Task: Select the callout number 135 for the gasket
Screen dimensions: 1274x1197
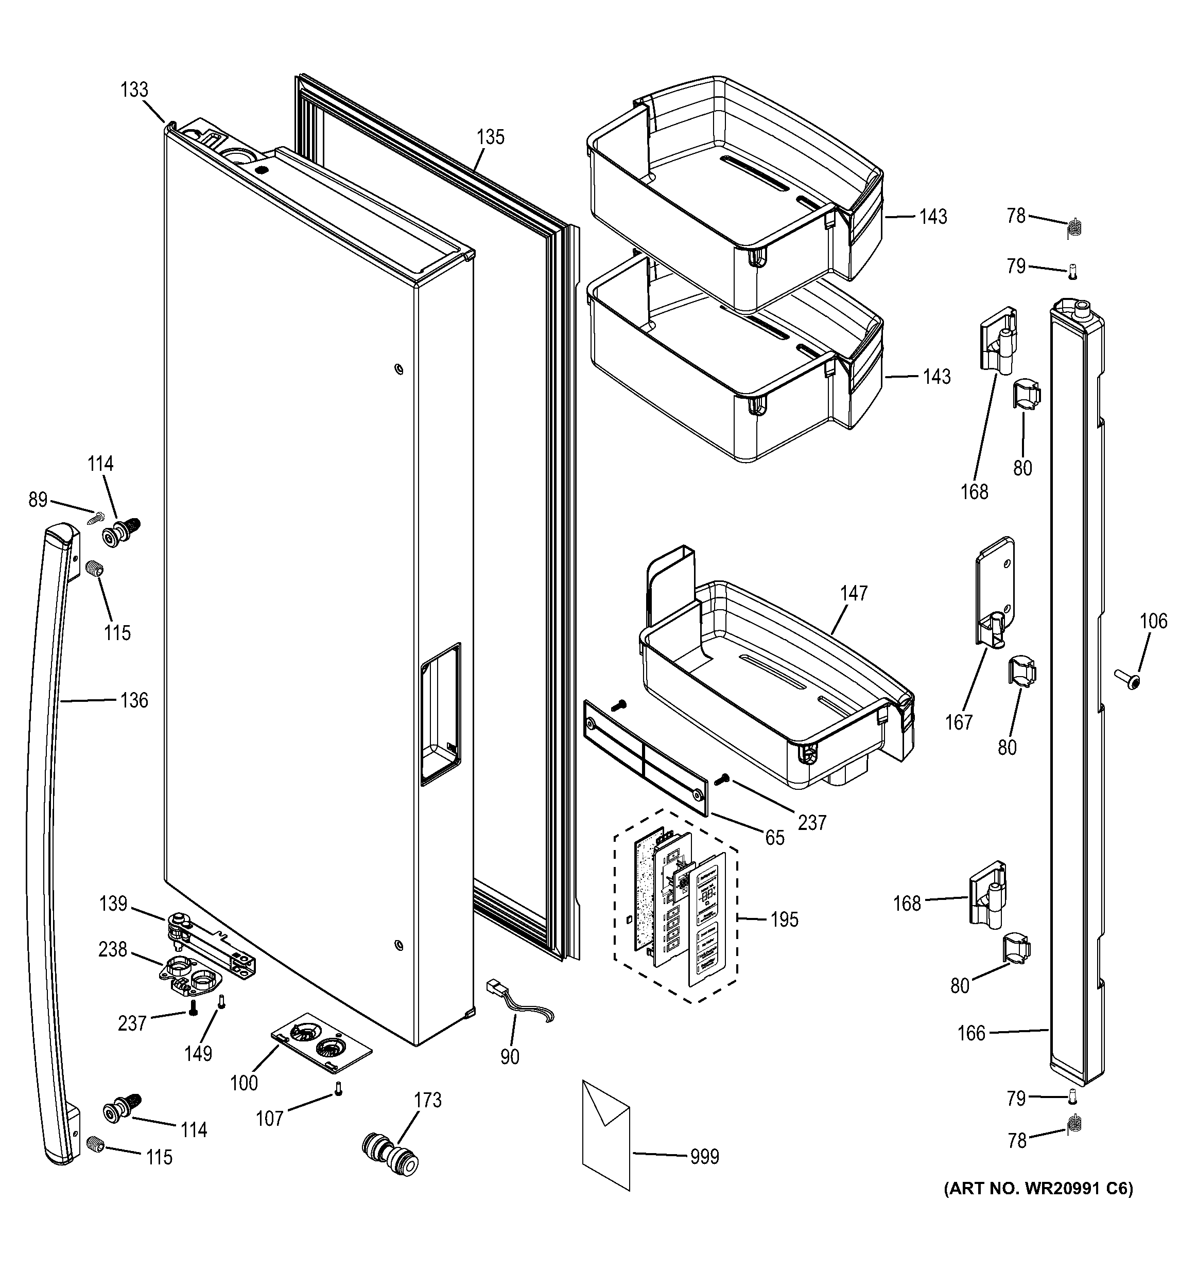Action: coord(491,137)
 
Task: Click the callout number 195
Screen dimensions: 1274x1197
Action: coord(784,919)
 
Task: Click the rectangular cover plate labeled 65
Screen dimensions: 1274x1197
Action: coord(646,757)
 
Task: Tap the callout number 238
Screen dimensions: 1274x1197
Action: coord(113,949)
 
